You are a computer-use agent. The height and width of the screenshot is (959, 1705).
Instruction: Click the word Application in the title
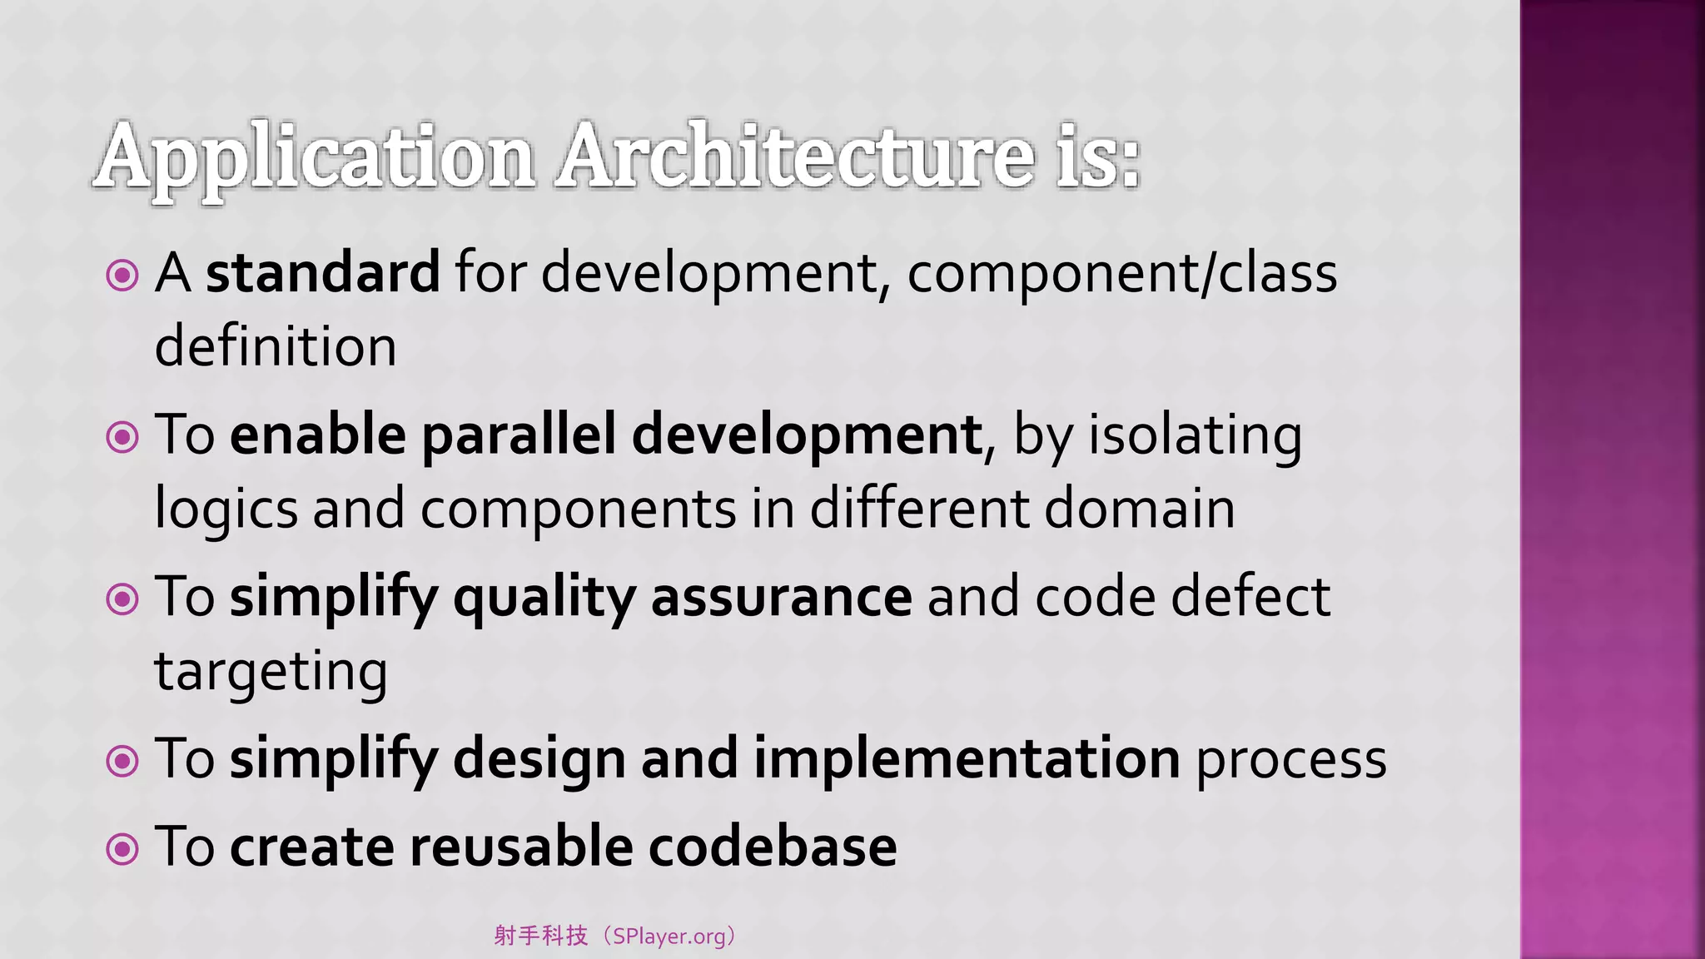click(315, 158)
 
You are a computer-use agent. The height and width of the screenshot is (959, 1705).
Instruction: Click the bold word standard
click(323, 272)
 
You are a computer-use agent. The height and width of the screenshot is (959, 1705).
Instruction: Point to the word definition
click(276, 346)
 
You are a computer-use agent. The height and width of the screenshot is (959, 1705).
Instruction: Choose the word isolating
click(1195, 435)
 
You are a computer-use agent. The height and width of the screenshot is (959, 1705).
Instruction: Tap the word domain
click(1139, 508)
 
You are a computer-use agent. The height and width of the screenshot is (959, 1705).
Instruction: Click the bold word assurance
click(781, 598)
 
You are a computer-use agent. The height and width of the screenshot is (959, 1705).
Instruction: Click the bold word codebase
click(773, 847)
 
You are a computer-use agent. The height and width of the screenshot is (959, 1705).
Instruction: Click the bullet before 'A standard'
click(122, 275)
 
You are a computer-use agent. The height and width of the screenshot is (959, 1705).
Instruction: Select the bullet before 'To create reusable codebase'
click(122, 848)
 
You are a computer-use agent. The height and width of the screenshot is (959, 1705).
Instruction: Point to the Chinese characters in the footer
click(541, 936)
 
